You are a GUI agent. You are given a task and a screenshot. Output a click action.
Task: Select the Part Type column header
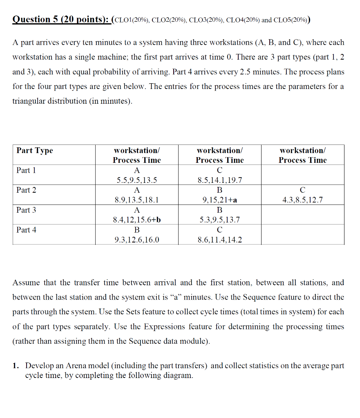click(x=35, y=151)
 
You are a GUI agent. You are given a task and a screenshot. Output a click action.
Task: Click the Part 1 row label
click(x=26, y=170)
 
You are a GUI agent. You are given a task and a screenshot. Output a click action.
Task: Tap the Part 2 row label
click(x=26, y=190)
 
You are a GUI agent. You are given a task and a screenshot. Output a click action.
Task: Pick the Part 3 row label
click(x=26, y=210)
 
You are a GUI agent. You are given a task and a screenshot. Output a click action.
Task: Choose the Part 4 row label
click(x=26, y=230)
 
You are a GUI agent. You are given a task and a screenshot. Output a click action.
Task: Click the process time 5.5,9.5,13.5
click(x=137, y=180)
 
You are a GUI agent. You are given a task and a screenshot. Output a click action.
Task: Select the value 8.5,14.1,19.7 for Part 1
click(x=219, y=180)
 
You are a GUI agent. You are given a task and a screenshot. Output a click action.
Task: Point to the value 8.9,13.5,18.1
click(x=137, y=200)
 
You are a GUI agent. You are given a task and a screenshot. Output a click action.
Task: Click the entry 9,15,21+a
click(x=219, y=200)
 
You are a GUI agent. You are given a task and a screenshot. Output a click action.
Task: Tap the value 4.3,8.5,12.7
click(x=302, y=200)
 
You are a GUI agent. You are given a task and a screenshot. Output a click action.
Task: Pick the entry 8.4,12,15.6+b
click(x=137, y=220)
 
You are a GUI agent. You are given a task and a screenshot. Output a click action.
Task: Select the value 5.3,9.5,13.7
click(x=219, y=220)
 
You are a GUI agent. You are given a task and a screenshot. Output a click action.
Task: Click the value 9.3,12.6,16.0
click(x=137, y=240)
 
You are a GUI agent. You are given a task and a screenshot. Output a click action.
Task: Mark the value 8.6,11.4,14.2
click(x=219, y=240)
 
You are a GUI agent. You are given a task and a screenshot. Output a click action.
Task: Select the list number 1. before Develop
click(x=16, y=366)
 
